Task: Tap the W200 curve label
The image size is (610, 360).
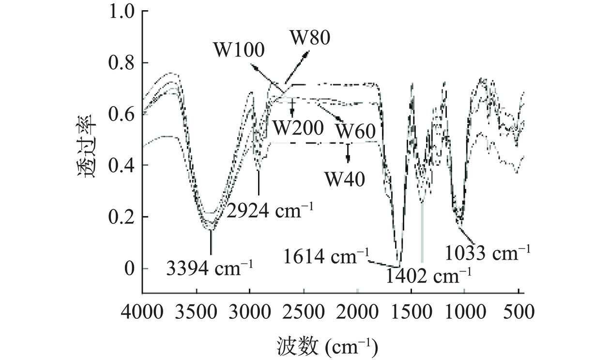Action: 297,128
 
